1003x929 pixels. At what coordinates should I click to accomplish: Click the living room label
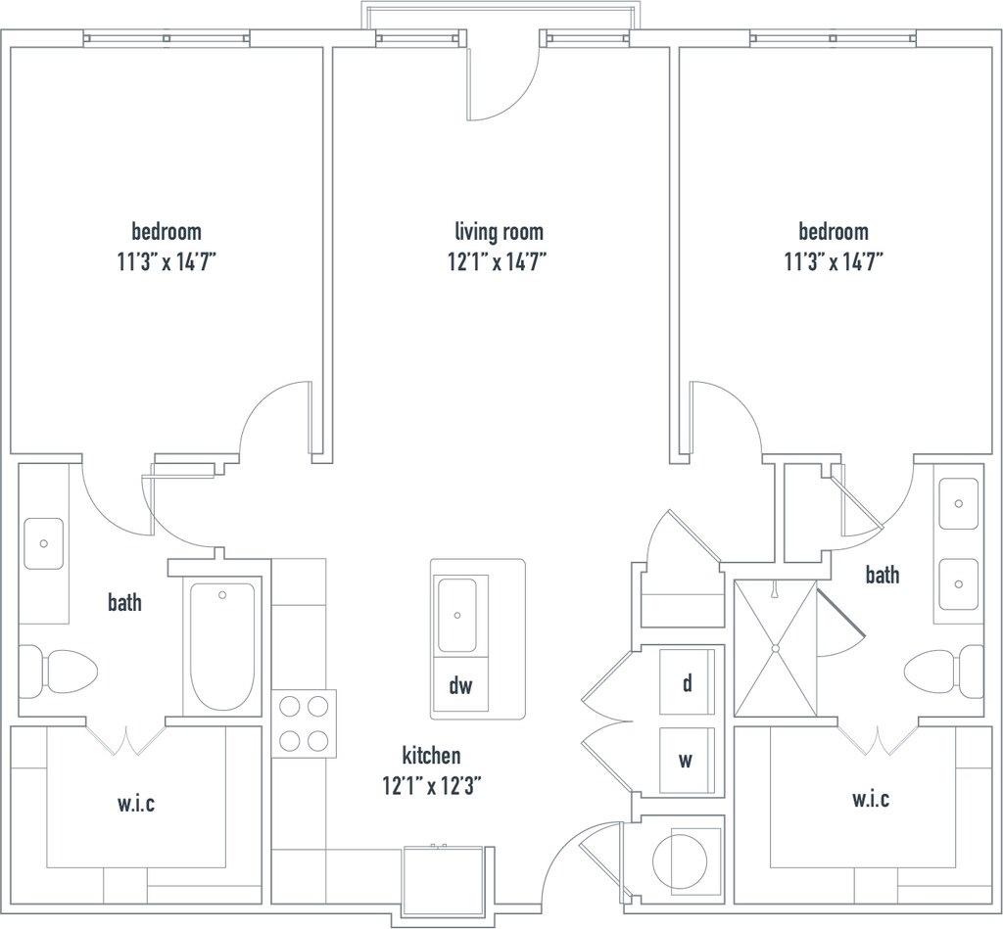tap(499, 231)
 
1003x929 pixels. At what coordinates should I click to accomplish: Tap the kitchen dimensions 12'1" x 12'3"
tap(432, 785)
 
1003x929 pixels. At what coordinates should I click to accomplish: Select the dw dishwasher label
tap(460, 685)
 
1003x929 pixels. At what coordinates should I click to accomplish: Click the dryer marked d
tap(687, 682)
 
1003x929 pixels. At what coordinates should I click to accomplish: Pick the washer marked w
tap(687, 761)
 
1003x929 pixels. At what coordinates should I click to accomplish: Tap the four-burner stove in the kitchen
tap(304, 723)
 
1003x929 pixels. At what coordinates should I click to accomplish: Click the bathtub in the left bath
tap(222, 646)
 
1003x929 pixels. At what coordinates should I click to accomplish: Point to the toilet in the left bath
tap(58, 672)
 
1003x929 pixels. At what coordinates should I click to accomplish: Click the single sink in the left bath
tap(43, 543)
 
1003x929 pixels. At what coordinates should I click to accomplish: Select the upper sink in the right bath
tap(958, 504)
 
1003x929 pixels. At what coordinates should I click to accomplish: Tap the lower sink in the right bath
tap(958, 583)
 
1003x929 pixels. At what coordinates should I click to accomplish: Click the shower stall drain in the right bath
tap(776, 648)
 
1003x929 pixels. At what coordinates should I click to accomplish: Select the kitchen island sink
tap(456, 615)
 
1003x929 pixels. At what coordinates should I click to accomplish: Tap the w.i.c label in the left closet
tap(136, 803)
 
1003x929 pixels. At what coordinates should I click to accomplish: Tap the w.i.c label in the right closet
tap(871, 798)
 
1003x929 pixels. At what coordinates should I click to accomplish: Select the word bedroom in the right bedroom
tap(834, 231)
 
